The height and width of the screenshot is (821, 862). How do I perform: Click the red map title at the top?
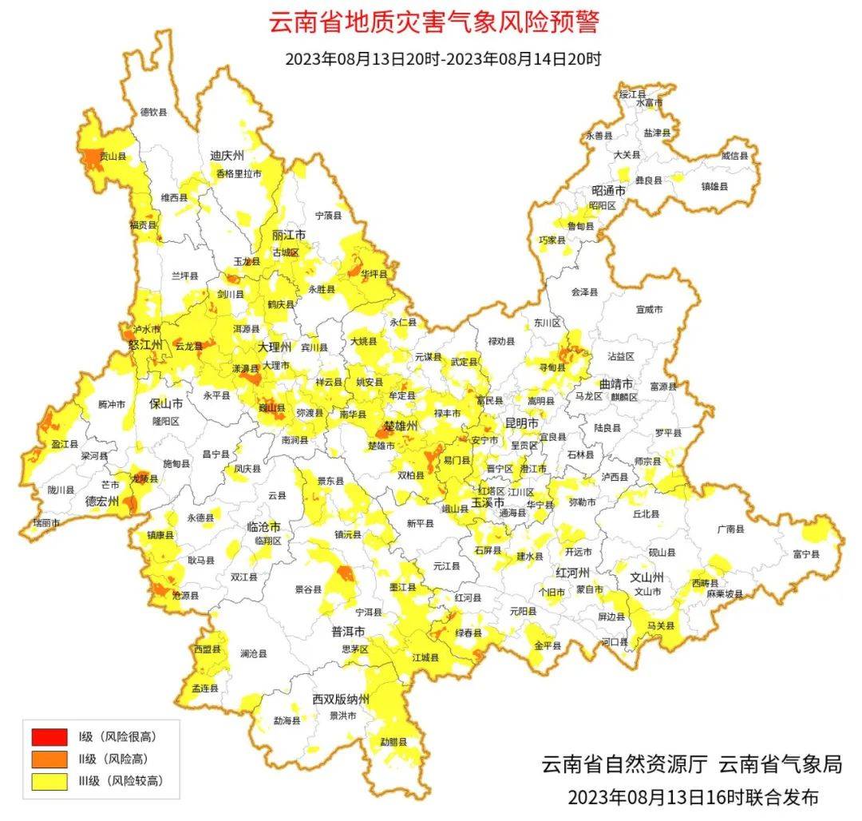(x=433, y=22)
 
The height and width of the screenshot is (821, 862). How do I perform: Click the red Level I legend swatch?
(x=49, y=735)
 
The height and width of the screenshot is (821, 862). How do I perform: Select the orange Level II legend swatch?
(x=49, y=759)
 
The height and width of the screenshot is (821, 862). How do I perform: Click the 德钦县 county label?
(x=153, y=113)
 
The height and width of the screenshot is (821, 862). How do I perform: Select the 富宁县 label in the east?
(x=806, y=553)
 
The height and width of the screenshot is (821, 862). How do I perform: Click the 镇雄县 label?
(x=714, y=186)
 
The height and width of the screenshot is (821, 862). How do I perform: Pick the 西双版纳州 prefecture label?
(x=341, y=700)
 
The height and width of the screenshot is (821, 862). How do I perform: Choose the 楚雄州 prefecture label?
(x=401, y=426)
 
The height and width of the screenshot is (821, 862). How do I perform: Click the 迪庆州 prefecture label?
(x=226, y=155)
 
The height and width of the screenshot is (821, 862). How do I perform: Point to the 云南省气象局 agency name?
(x=780, y=764)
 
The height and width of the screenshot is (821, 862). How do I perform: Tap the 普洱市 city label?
(x=348, y=631)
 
